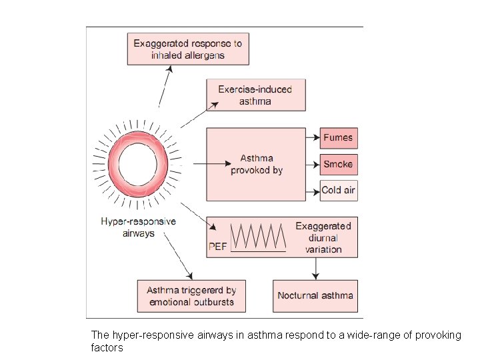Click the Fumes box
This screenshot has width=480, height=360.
tap(339, 138)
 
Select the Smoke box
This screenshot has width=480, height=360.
tap(339, 164)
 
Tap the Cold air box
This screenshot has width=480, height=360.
tap(339, 190)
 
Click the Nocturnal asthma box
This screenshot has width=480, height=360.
tap(315, 296)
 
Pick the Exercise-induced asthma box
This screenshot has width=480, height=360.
tap(255, 95)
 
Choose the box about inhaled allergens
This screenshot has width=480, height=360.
tap(188, 49)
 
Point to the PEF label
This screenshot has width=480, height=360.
tap(218, 247)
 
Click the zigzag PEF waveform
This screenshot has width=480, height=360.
tap(258, 236)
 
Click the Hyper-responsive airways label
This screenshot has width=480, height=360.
tap(138, 227)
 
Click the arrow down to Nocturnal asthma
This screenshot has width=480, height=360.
tap(315, 268)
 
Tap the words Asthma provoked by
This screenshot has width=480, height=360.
tap(257, 164)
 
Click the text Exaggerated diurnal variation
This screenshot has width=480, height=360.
tap(323, 237)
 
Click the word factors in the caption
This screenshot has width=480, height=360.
tap(107, 347)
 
